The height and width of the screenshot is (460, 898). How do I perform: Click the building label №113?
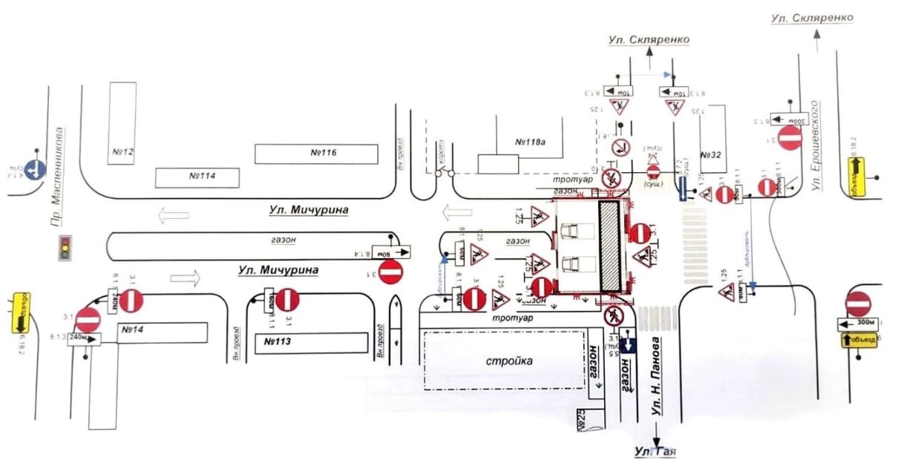point(276,342)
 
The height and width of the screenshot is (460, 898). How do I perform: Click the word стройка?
point(510,361)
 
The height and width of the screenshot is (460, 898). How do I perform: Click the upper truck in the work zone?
point(573,231)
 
